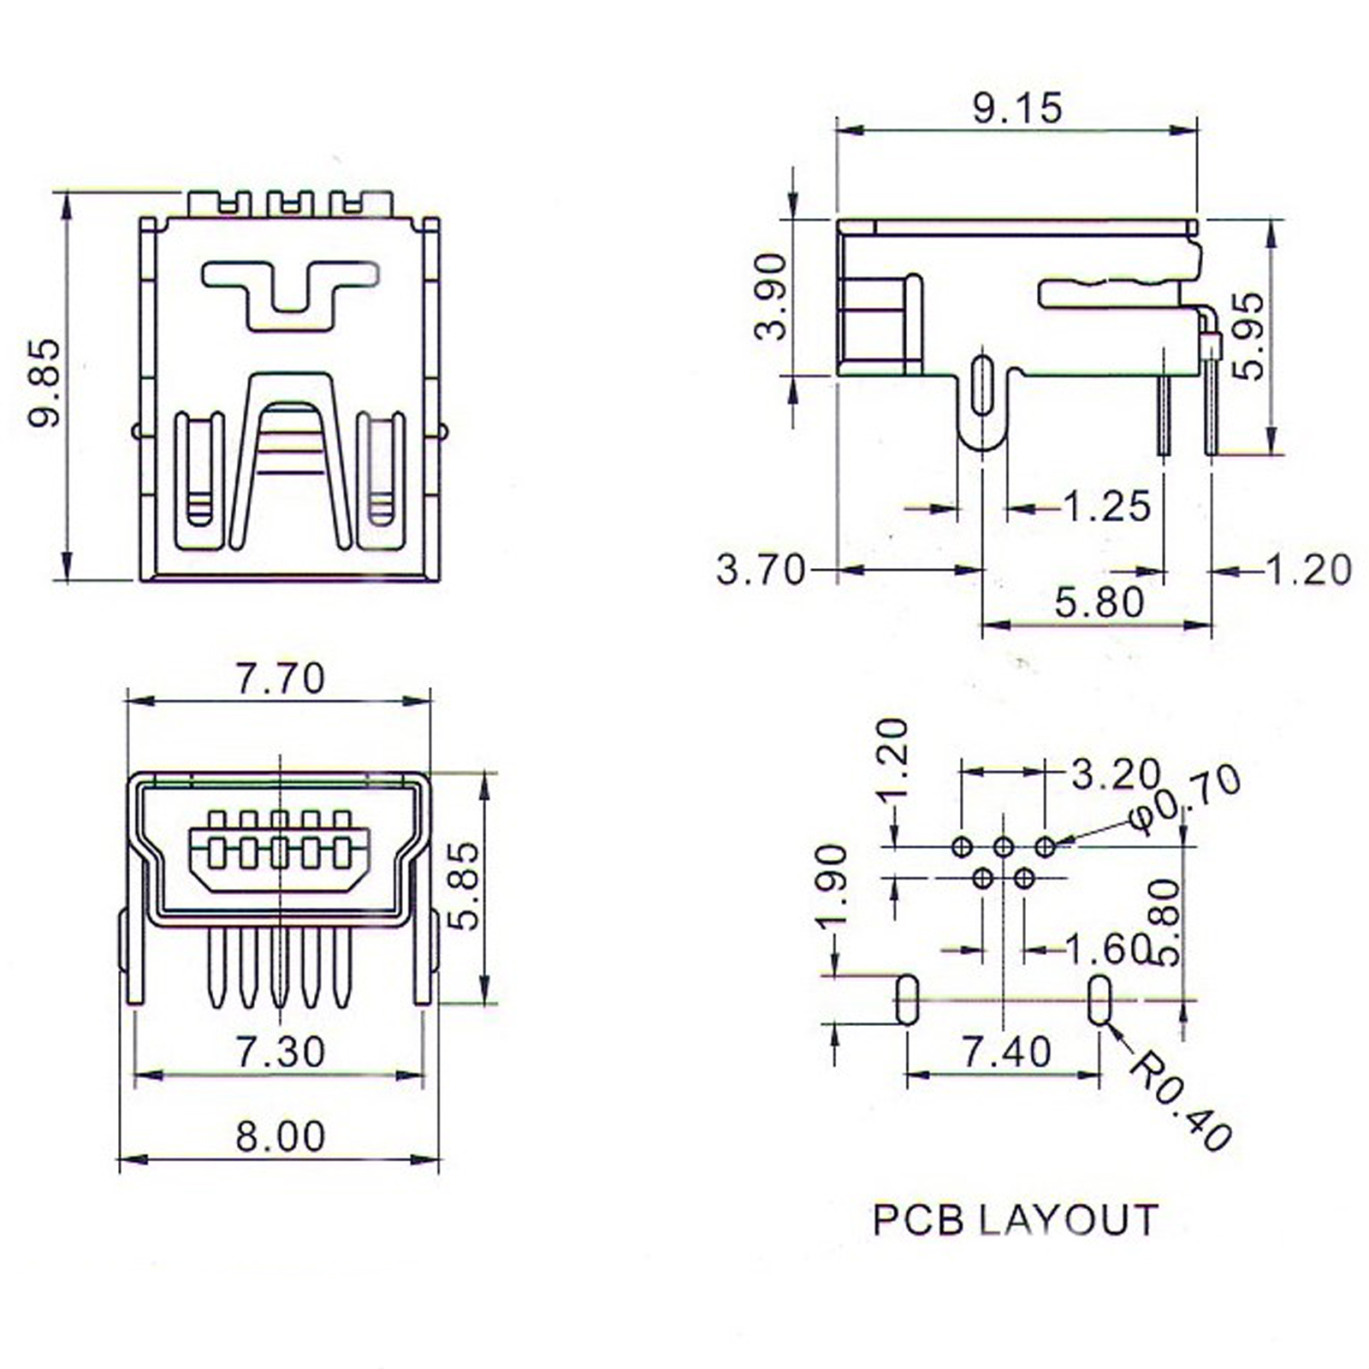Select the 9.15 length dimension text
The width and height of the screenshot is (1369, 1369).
coord(1017,109)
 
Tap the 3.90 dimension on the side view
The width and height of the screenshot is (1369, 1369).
coord(771,296)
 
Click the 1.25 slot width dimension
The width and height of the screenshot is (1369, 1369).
coord(1106,507)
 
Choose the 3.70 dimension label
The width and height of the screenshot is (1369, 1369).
coord(761,570)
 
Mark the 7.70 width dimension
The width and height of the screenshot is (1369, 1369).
coord(281,679)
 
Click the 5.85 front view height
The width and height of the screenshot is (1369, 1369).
coord(465,885)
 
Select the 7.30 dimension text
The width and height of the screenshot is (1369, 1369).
coord(281,1052)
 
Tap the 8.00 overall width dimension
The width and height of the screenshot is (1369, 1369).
coord(281,1136)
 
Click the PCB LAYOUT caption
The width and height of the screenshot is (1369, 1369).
coord(1015,1219)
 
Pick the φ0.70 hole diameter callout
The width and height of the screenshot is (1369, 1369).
coord(1185,800)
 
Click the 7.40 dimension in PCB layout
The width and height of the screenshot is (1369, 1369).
coord(1006,1052)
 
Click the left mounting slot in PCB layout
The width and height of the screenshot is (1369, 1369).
coord(907,999)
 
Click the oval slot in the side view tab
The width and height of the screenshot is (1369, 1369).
coord(982,384)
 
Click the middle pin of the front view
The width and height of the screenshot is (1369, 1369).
coord(279,967)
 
